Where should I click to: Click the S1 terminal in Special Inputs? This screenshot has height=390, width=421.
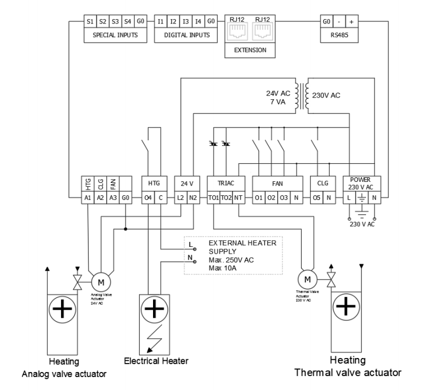pyautogui.click(x=90, y=22)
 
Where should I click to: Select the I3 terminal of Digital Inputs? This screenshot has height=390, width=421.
pyautogui.click(x=186, y=22)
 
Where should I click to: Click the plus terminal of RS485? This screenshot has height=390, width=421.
pyautogui.click(x=351, y=22)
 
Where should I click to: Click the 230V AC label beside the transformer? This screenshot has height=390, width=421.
pyautogui.click(x=327, y=95)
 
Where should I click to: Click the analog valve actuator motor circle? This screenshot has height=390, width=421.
pyautogui.click(x=101, y=281)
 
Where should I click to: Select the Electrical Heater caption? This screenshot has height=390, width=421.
pyautogui.click(x=156, y=361)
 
